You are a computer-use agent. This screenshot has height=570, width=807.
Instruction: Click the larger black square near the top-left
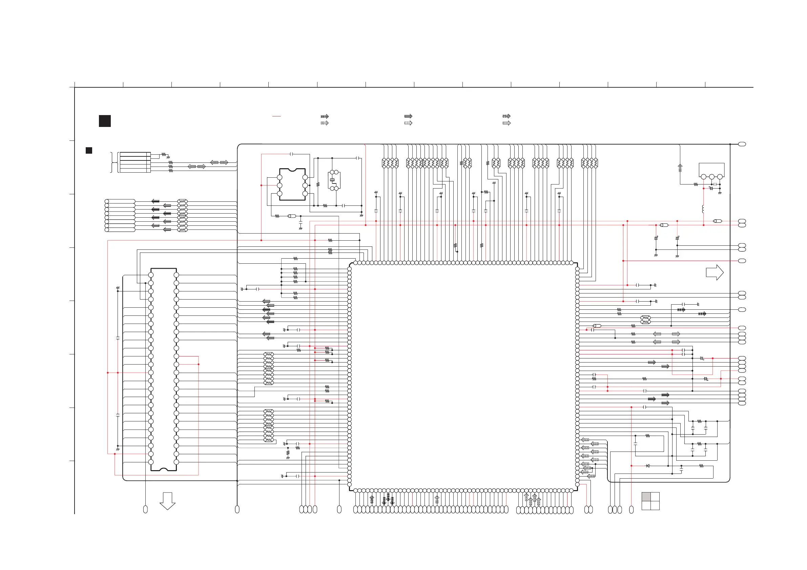tap(105, 121)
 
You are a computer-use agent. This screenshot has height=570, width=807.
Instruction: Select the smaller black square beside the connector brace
tap(89, 150)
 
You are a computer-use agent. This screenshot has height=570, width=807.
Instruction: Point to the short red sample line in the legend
tap(276, 116)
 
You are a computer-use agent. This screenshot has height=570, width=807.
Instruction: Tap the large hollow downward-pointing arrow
tap(167, 501)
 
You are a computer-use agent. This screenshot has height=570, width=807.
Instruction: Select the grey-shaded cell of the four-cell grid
tap(646, 497)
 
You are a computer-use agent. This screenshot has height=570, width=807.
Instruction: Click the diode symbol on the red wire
tap(648, 466)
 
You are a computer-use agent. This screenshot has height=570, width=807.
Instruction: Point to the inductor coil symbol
tap(703, 209)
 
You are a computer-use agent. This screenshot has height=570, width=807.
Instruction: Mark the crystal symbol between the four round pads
tap(332, 180)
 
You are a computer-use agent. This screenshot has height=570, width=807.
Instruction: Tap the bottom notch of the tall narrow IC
tap(163, 469)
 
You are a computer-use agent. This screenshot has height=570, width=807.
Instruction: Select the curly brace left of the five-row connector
tap(112, 162)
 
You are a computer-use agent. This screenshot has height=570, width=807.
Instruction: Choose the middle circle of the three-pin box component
tap(712, 177)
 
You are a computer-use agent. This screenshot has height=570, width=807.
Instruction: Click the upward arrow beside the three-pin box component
tap(680, 168)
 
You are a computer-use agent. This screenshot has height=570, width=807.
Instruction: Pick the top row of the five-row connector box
tap(135, 154)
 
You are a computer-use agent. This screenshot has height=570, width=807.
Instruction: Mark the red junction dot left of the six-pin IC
tap(261, 185)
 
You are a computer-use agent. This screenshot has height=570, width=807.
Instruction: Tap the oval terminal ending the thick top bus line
tap(742, 144)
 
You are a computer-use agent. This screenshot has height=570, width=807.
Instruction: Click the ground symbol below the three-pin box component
tap(720, 193)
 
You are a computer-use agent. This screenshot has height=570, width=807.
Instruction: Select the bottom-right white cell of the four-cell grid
tap(655, 505)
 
